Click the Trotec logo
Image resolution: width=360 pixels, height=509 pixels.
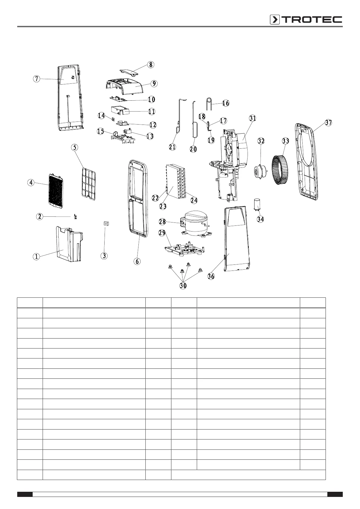[306, 20]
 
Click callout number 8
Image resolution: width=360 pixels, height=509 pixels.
[151, 64]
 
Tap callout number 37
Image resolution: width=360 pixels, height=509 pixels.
[329, 123]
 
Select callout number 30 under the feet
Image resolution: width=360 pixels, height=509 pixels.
[183, 286]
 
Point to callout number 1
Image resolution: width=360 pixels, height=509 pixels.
[36, 257]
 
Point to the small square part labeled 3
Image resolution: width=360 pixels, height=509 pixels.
[106, 224]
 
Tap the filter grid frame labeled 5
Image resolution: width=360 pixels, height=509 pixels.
[88, 183]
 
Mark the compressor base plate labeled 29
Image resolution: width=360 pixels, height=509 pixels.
[184, 248]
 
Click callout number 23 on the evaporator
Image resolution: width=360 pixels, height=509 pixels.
[163, 206]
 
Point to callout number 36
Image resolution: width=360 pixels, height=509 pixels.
[211, 276]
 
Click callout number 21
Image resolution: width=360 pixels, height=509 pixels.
[172, 147]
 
